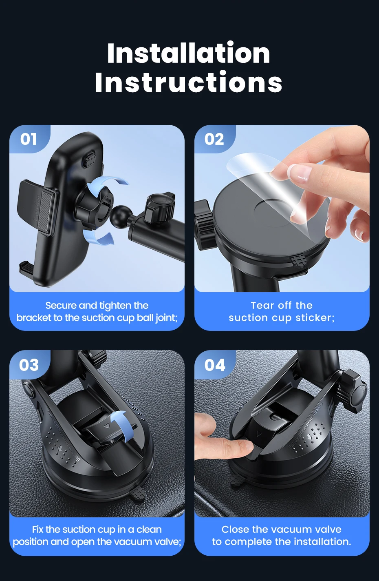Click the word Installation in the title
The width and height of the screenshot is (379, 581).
pos(189,53)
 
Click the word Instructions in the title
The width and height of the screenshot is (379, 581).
pos(189,82)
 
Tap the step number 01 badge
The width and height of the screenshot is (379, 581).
pos(29,139)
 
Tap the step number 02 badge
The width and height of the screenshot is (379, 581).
pos(214,139)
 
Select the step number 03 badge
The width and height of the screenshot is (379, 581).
pos(29,365)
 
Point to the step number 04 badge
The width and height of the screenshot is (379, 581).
pos(214,365)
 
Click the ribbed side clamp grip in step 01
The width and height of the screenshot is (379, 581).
pos(46,211)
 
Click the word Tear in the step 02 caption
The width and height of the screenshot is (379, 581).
pos(262,306)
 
